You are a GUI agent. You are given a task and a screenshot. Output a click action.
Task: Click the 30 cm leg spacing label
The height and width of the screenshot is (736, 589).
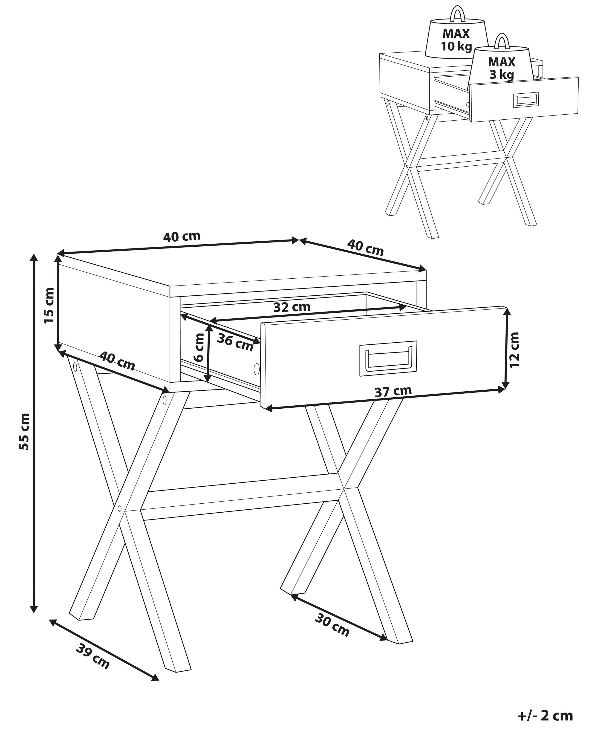click(x=332, y=635)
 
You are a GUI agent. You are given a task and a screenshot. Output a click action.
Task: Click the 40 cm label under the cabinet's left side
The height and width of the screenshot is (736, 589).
click(x=117, y=361)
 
